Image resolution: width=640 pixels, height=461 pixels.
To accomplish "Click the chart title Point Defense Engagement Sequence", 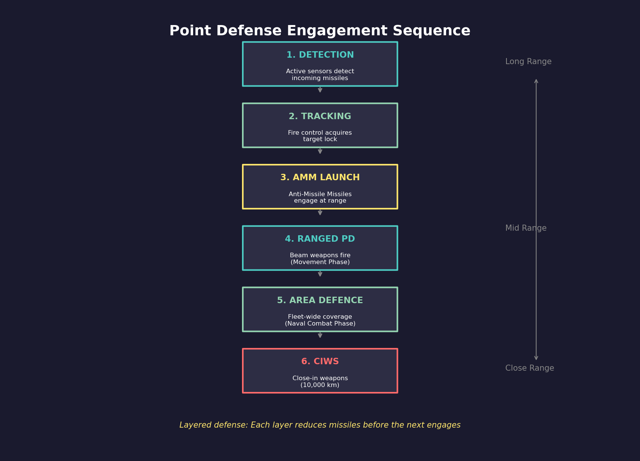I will [x=320, y=31].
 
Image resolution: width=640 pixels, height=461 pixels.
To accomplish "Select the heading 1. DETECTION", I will [x=320, y=55].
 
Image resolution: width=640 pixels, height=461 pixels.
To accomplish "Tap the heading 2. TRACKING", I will [x=320, y=116].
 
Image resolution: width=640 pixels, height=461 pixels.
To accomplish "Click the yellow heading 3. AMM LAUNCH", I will [x=320, y=178].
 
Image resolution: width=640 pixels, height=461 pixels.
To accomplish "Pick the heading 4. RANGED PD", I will [x=320, y=239].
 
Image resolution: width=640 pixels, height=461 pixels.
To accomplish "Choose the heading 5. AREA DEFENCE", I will [x=320, y=301].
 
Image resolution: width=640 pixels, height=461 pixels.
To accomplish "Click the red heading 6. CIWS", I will [x=320, y=362].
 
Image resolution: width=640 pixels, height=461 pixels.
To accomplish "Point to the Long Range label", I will [x=528, y=61].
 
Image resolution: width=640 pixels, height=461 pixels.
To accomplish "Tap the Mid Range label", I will [x=525, y=228].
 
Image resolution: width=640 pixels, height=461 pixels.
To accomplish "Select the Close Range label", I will [x=529, y=368].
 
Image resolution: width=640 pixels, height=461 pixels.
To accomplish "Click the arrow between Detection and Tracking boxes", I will [x=320, y=90].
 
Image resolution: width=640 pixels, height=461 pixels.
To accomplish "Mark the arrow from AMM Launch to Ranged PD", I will [x=320, y=212].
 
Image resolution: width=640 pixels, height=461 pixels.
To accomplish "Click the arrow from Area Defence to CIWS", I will [x=320, y=335].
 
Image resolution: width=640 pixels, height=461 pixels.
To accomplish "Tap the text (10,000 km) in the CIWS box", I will [x=320, y=385].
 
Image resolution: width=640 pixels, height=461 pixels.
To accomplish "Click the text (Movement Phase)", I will [x=320, y=262].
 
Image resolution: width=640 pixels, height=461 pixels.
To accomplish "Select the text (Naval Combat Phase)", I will [x=320, y=324].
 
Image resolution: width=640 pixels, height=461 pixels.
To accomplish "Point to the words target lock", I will [x=320, y=139].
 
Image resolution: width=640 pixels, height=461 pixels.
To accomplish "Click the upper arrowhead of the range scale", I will [x=536, y=81].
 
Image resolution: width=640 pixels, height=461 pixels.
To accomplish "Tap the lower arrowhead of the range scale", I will [x=536, y=358].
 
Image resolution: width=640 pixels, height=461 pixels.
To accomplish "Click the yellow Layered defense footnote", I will [x=320, y=425].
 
